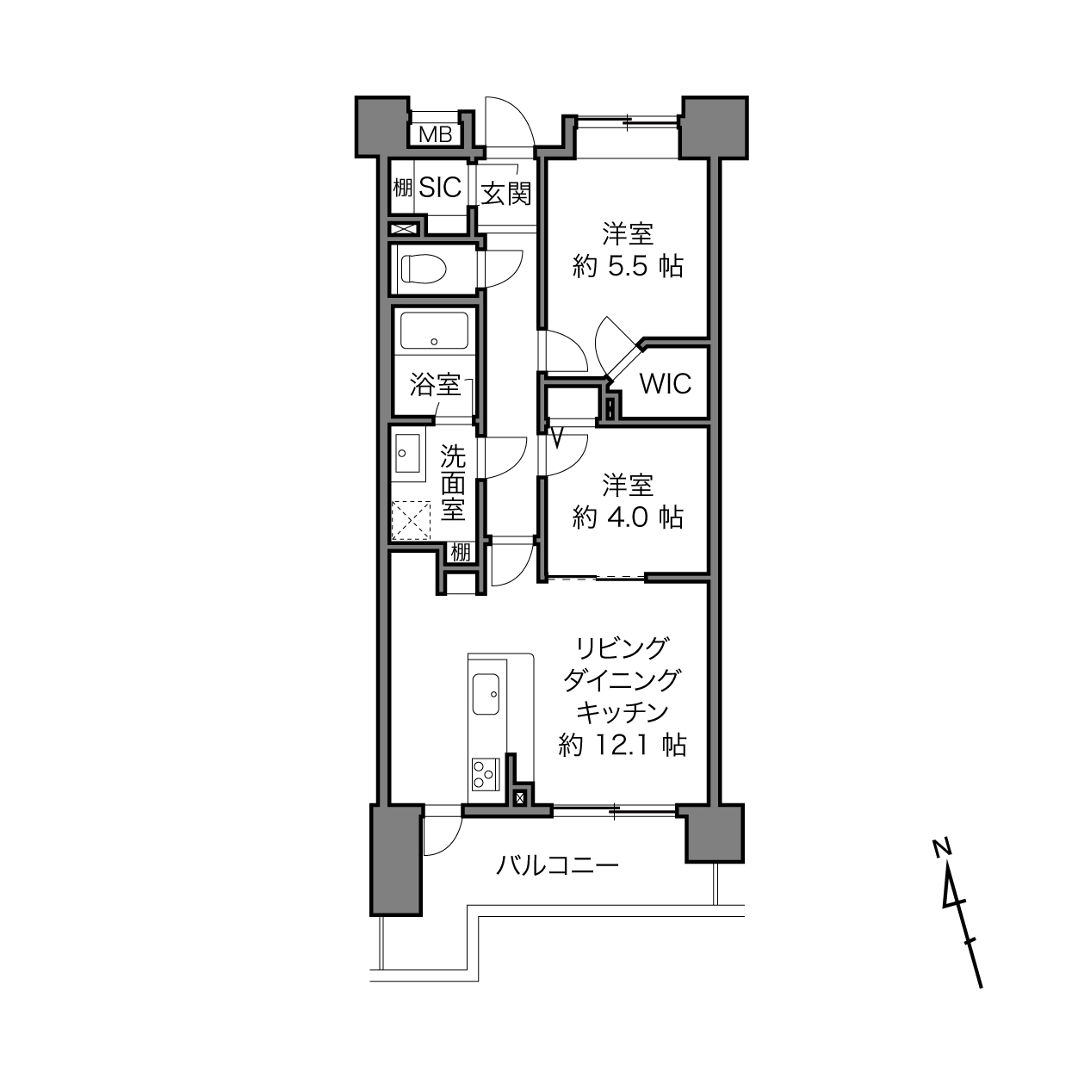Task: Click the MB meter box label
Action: pyautogui.click(x=435, y=135)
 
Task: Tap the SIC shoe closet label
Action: pyautogui.click(x=440, y=188)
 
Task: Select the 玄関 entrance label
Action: pyautogui.click(x=505, y=194)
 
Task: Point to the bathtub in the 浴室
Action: pyautogui.click(x=435, y=331)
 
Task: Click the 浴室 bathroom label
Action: pyautogui.click(x=435, y=385)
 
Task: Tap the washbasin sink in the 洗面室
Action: pyautogui.click(x=408, y=453)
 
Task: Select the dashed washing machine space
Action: pyautogui.click(x=412, y=520)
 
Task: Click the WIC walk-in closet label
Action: pyautogui.click(x=666, y=384)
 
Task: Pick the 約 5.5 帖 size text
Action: pyautogui.click(x=628, y=266)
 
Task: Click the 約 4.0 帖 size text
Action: pyautogui.click(x=628, y=517)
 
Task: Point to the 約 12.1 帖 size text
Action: pyautogui.click(x=623, y=745)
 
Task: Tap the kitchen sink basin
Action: pyautogui.click(x=486, y=694)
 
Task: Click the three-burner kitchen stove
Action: pyautogui.click(x=486, y=774)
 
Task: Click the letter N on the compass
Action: pyautogui.click(x=942, y=848)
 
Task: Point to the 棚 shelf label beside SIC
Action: pyautogui.click(x=402, y=188)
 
